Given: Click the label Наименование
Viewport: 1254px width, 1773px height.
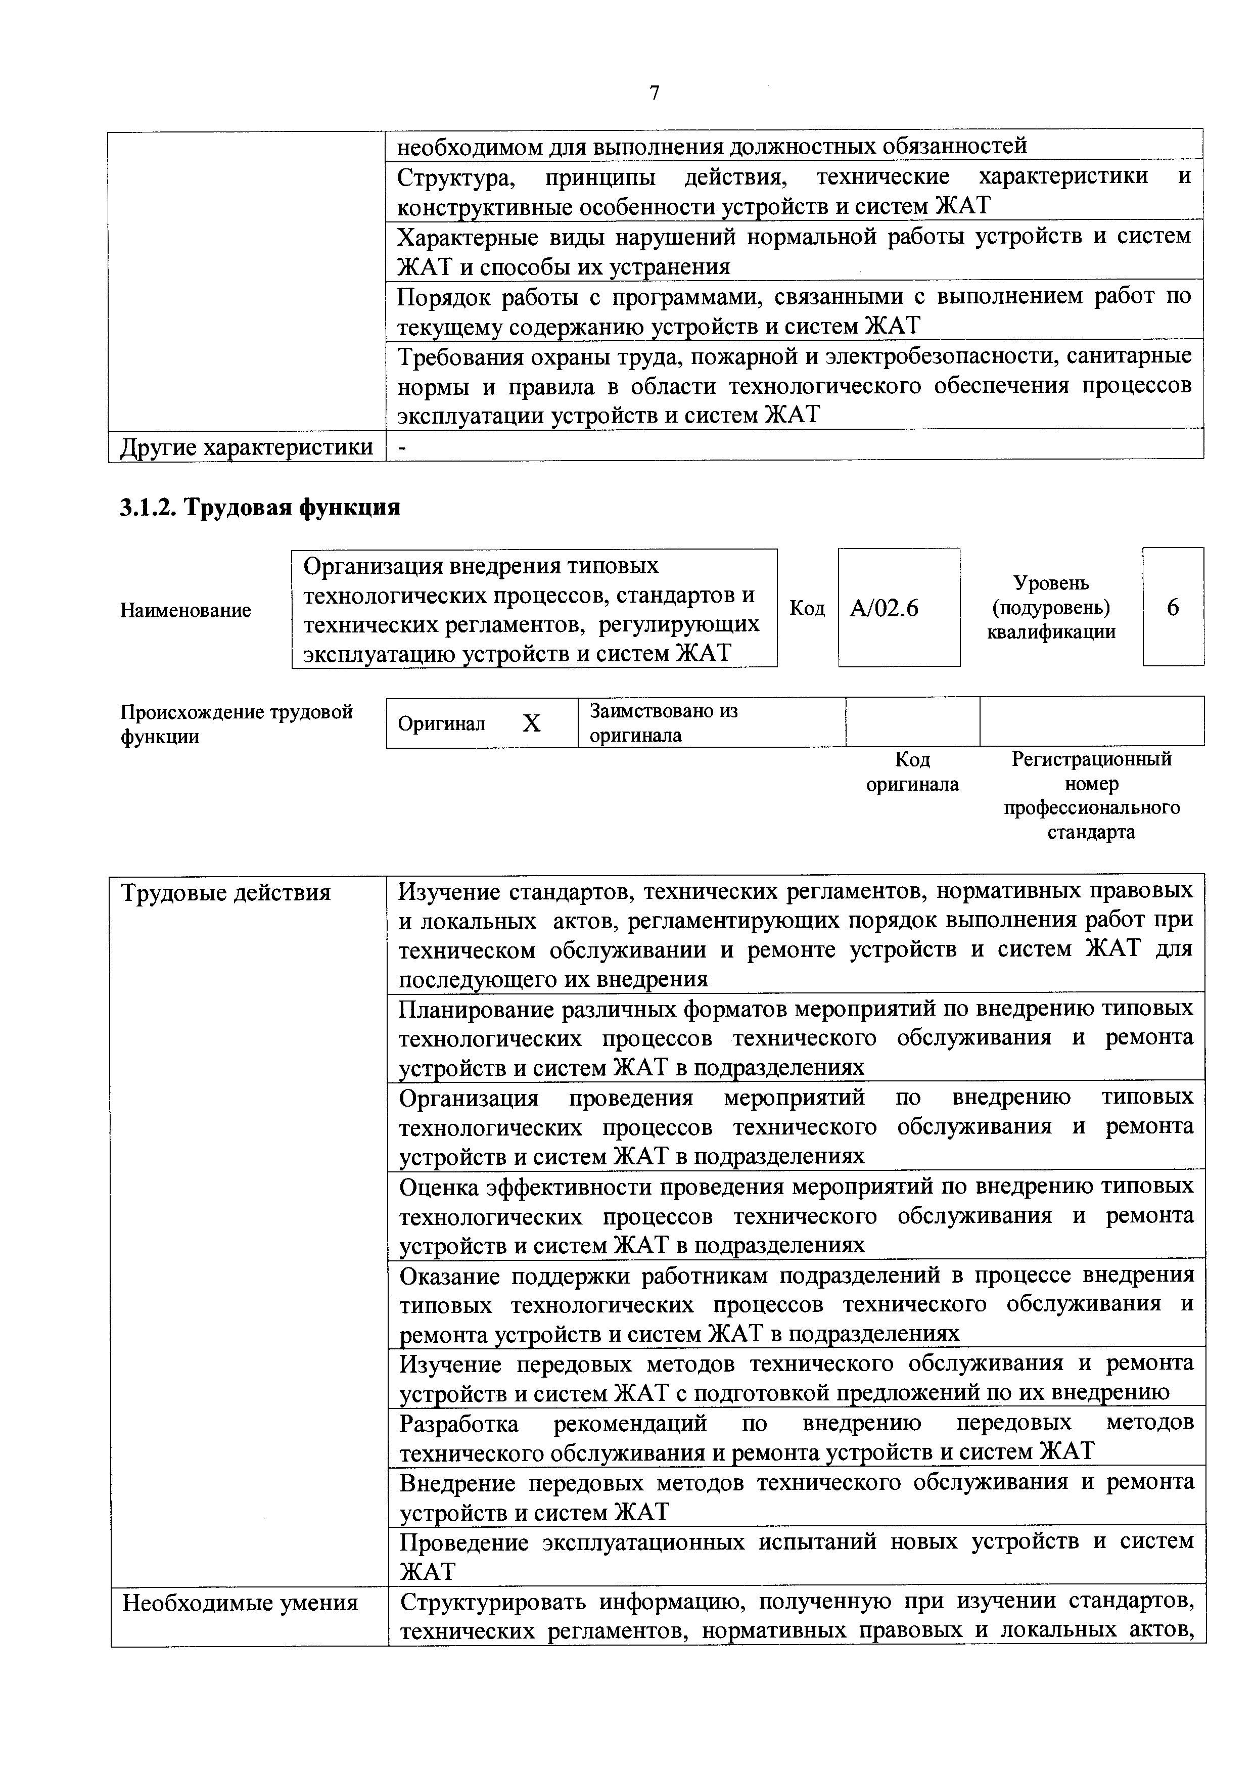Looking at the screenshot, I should click(185, 610).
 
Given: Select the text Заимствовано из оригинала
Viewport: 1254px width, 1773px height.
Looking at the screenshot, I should click(663, 722).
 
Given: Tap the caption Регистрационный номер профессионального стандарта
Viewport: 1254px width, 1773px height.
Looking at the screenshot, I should click(1091, 795).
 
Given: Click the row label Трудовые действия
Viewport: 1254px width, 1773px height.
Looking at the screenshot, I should click(226, 893).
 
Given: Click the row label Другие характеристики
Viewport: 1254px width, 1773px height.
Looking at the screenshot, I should click(246, 447).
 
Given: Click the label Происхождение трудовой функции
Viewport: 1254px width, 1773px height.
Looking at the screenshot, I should click(236, 723).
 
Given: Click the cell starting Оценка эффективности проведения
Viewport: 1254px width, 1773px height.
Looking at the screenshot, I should click(796, 1215).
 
